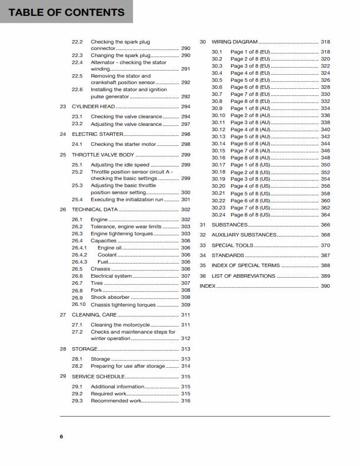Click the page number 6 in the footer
61,436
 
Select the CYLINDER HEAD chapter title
93,106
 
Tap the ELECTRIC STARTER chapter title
98,134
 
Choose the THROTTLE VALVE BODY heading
103,155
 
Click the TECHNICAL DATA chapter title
95,209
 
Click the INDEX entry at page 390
208,286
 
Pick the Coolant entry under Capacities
107,255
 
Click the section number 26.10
79,305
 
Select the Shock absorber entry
111,298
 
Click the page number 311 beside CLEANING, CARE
185,315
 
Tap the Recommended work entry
116,401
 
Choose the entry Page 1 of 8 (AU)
250,108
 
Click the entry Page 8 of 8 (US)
250,215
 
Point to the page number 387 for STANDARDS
325,255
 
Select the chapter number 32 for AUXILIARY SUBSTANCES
203,235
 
